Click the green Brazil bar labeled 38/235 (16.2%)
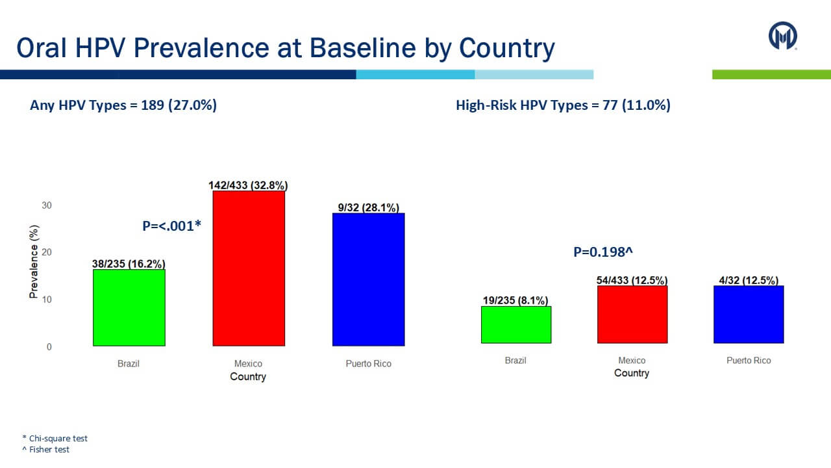tap(129, 307)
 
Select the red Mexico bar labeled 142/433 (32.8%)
tap(249, 268)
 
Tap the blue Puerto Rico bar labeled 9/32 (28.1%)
tap(368, 279)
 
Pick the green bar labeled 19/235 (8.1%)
tap(515, 324)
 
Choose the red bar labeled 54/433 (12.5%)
tap(632, 314)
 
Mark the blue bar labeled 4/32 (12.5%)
tap(748, 314)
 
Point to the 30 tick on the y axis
tap(47, 205)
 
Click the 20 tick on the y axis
tap(47, 252)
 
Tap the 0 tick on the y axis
tap(49, 347)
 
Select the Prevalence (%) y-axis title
tap(34, 262)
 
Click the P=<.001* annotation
tap(172, 226)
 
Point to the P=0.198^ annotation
tap(602, 252)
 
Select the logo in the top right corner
tap(782, 36)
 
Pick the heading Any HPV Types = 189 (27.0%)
tap(123, 105)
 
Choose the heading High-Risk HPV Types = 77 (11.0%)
tap(563, 105)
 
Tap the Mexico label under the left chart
tap(248, 363)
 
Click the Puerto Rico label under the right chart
tap(748, 360)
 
